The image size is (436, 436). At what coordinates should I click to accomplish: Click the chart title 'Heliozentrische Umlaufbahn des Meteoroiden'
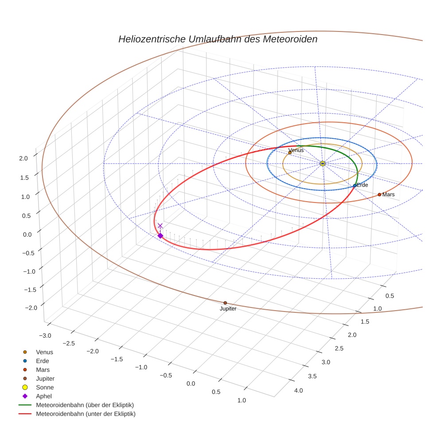pos(218,39)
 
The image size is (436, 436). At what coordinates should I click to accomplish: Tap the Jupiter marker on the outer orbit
pos(225,303)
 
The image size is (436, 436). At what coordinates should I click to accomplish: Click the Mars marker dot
pos(379,195)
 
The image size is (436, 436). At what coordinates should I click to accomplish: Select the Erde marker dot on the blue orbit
pos(354,185)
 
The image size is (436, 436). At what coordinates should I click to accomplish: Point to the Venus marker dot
pos(290,153)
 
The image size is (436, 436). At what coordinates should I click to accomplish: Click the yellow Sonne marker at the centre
pos(323,163)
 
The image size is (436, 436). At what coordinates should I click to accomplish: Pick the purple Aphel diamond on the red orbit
pos(160,236)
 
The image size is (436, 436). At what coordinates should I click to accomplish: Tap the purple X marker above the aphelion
pos(160,226)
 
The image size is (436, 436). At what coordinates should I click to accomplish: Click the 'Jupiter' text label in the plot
pos(228,309)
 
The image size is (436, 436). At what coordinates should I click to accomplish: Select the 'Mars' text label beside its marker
pos(388,195)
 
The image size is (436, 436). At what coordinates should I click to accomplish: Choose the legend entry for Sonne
pos(45,387)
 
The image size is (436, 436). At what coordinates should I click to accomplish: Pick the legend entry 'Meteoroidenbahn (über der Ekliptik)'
pos(85,405)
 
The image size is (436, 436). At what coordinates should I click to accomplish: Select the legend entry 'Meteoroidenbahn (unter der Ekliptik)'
pos(86,414)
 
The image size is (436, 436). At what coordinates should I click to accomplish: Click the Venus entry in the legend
pos(44,352)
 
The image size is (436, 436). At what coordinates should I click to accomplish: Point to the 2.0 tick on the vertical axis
pos(23,158)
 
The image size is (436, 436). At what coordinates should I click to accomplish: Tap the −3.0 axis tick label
pos(46,336)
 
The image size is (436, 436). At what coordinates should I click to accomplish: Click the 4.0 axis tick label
pos(298,390)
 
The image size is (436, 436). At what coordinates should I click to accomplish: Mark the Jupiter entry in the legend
pos(46,378)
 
